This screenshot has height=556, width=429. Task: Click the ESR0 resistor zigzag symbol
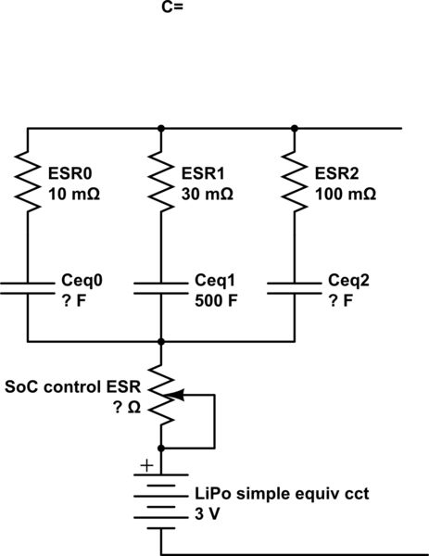[29, 183]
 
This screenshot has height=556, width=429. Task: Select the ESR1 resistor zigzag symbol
[162, 183]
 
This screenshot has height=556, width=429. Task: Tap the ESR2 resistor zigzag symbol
[295, 183]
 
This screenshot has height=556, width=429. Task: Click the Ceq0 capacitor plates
[29, 288]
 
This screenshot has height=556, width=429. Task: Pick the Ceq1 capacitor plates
[162, 288]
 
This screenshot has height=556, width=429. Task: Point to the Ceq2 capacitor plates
[295, 288]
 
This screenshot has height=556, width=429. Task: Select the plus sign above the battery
[145, 468]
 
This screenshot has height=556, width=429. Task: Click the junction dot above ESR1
[162, 128]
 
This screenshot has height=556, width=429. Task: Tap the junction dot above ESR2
[295, 128]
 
